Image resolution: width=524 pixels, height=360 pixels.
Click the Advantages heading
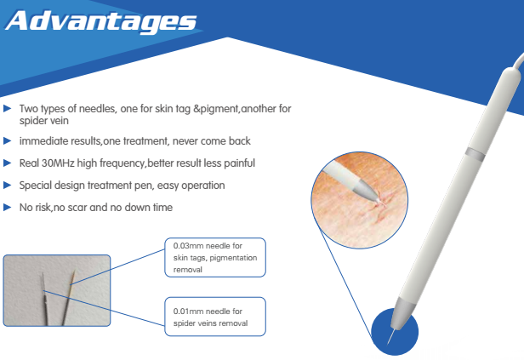[101, 21]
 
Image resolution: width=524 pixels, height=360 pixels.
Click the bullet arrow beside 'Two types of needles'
[7, 109]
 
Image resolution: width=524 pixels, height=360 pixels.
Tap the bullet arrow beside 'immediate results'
[7, 141]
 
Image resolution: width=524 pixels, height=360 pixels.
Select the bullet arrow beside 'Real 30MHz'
[7, 163]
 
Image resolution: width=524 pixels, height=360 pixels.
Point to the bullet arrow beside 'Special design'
[7, 186]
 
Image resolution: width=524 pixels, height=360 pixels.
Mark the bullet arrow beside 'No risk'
[7, 208]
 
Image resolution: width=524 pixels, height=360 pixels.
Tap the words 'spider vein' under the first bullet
[43, 121]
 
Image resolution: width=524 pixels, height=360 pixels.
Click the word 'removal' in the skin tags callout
[187, 270]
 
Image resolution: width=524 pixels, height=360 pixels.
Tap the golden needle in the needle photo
[68, 298]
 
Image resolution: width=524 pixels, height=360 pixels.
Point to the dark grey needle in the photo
[44, 300]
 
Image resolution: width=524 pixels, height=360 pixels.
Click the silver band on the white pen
[475, 152]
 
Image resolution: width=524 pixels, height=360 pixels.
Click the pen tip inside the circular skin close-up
[366, 190]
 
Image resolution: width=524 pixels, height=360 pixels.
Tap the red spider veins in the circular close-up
[378, 209]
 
